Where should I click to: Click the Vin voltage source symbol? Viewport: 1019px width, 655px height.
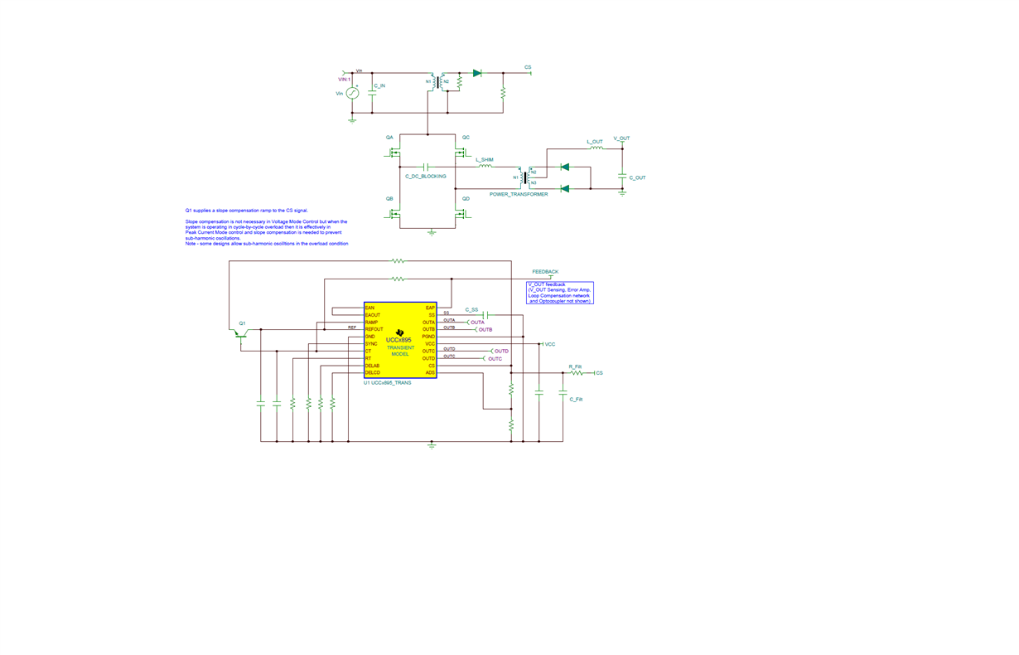tap(352, 94)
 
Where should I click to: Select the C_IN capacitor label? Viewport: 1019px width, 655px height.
tap(379, 86)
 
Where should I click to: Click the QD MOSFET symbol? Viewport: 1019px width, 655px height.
tap(461, 214)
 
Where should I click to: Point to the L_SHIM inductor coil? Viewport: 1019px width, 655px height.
tap(485, 167)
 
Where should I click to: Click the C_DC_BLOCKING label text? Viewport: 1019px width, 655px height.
tap(426, 177)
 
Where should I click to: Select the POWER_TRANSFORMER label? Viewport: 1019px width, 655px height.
tap(519, 195)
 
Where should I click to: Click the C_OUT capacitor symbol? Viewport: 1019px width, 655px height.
tap(622, 177)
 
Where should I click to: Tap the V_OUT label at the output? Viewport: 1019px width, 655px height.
tap(621, 138)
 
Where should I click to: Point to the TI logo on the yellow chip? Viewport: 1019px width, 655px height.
tap(399, 332)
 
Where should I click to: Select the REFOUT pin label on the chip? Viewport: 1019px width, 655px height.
tap(374, 330)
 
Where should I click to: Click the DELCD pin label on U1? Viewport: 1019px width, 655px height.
tap(373, 373)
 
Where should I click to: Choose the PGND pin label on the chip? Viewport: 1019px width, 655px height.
tap(428, 337)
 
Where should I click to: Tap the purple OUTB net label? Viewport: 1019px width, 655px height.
tap(485, 330)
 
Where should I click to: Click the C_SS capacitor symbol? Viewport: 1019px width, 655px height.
tap(487, 315)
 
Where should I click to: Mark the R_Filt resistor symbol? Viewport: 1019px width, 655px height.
tap(577, 373)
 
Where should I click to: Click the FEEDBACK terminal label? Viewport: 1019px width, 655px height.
tap(545, 272)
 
